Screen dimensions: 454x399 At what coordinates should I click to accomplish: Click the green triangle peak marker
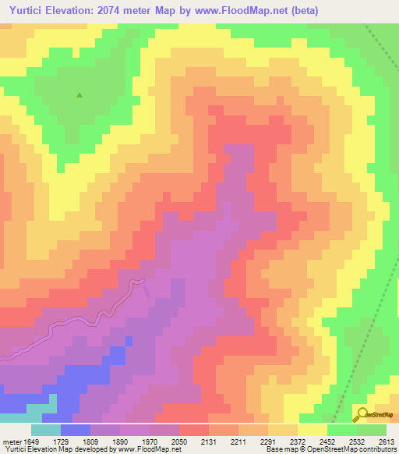click(x=79, y=96)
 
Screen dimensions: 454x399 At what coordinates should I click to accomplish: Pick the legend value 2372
click(x=298, y=439)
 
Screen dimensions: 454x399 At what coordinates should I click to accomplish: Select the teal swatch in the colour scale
click(x=45, y=430)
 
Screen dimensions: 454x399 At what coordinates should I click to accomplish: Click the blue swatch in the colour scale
click(x=75, y=430)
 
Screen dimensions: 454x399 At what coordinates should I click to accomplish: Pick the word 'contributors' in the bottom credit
click(x=380, y=449)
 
